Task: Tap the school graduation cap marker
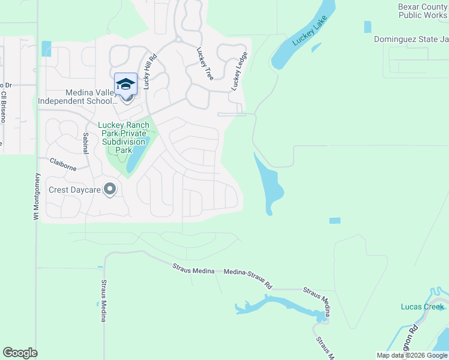(x=125, y=85)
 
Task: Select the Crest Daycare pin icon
(x=109, y=190)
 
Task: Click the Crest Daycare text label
(x=73, y=190)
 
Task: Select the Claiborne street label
(x=63, y=164)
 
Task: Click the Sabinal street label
(x=86, y=143)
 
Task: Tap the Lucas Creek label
(x=422, y=307)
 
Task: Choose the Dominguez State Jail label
(x=411, y=39)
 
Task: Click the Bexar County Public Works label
(x=423, y=11)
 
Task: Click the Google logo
(x=20, y=353)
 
